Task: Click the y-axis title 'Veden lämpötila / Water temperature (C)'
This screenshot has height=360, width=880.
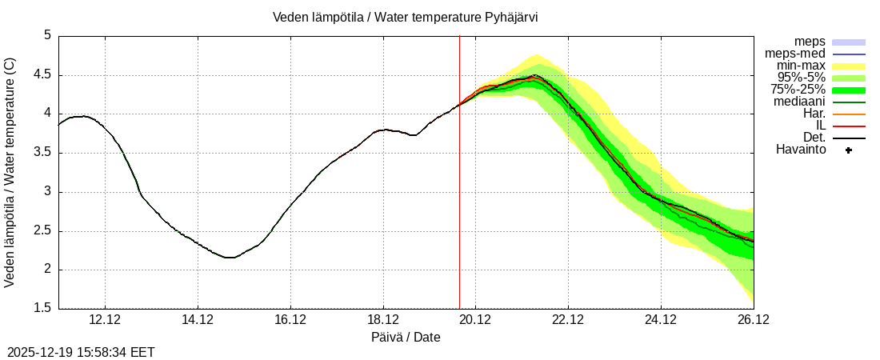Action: [10, 172]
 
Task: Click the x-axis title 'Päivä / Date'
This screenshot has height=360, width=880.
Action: [406, 337]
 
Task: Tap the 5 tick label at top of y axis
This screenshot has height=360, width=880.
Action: [47, 36]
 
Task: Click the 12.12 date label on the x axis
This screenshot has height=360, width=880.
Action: [105, 321]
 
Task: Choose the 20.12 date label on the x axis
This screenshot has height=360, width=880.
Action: [475, 321]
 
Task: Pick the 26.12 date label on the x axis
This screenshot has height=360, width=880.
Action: [753, 321]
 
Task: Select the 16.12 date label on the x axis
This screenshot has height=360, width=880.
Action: [290, 321]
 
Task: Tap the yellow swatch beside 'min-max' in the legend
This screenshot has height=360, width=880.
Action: [849, 66]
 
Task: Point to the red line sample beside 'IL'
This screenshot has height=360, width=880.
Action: [849, 126]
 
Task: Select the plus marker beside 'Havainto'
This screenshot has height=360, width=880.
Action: [849, 150]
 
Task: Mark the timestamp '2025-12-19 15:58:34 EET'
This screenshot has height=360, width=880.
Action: [81, 352]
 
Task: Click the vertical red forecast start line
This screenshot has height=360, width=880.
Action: [459, 200]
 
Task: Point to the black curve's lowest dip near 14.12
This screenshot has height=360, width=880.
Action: [230, 258]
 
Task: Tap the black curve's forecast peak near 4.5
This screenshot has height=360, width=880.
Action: [535, 75]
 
